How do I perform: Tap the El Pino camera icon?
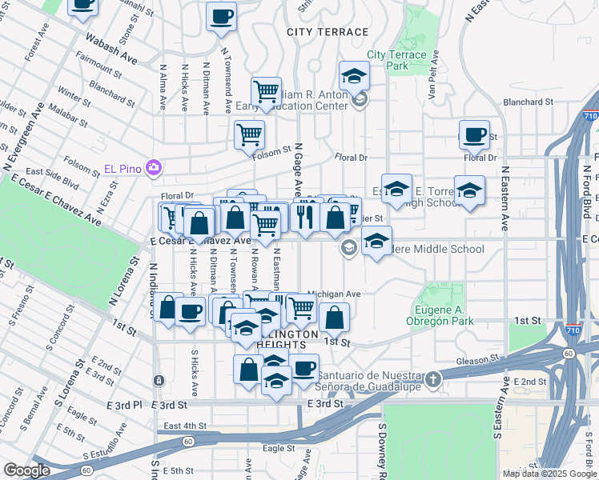tap(154, 168)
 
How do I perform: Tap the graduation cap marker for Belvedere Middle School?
tap(376, 241)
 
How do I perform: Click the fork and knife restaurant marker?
tap(304, 217)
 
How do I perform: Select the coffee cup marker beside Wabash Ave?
tap(82, 5)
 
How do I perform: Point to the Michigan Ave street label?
tap(335, 294)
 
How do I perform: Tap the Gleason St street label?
tap(479, 360)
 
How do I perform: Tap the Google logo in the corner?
tap(26, 470)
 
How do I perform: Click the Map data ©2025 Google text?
tap(549, 474)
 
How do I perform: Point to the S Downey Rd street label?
tap(383, 452)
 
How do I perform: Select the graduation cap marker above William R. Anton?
tap(353, 77)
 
